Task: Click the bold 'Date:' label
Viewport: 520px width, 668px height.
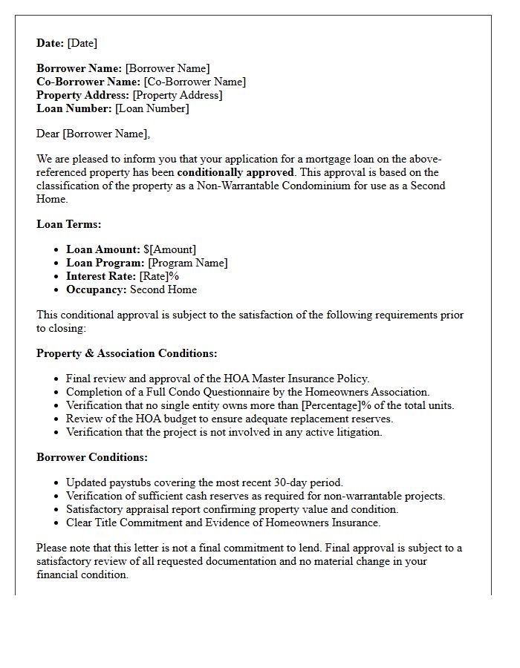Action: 51,43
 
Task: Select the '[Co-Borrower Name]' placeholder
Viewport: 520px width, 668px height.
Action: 195,82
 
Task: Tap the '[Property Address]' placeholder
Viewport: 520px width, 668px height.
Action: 178,95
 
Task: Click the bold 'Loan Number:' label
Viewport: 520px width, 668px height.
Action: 74,108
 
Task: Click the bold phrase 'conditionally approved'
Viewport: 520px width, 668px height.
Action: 235,172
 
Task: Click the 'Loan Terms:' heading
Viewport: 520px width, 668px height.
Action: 69,223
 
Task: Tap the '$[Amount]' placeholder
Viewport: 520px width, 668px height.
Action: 170,249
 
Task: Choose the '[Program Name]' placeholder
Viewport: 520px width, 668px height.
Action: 188,263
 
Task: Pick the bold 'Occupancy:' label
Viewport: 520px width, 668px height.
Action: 97,289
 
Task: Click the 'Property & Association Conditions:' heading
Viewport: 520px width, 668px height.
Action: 127,353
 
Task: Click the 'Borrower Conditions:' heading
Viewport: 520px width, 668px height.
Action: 92,457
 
